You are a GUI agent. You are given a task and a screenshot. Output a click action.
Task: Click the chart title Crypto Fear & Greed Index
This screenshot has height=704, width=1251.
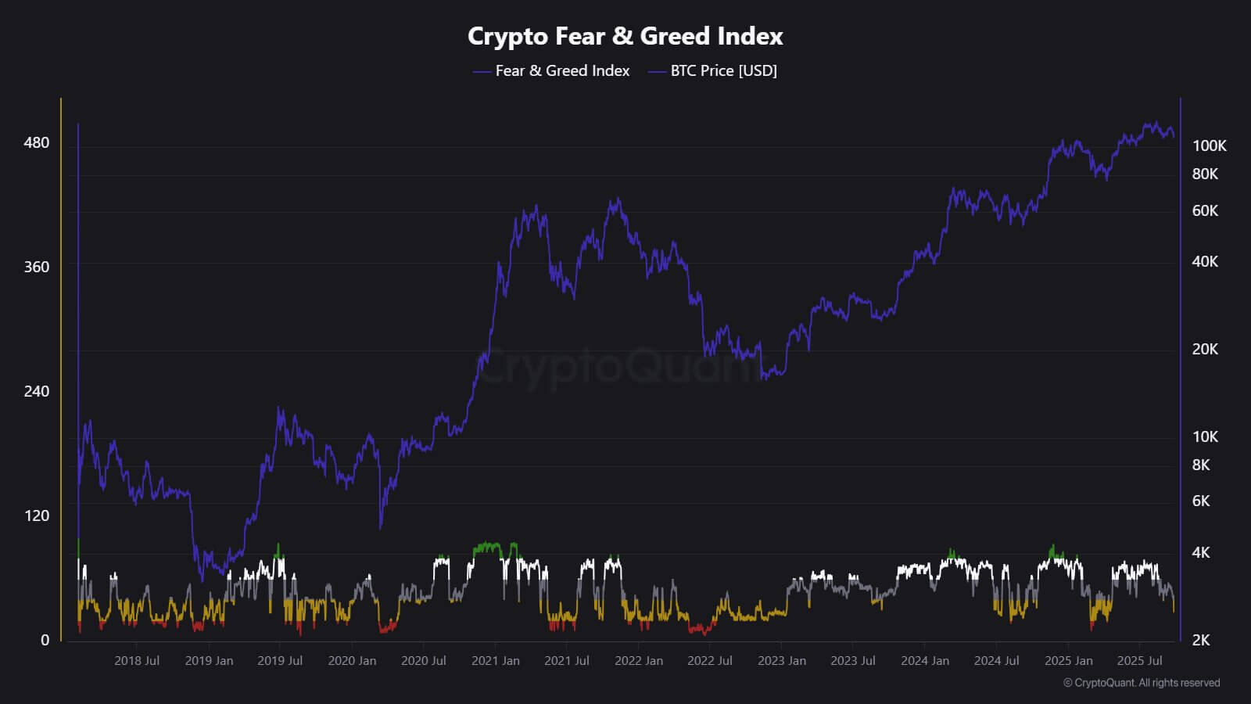(625, 36)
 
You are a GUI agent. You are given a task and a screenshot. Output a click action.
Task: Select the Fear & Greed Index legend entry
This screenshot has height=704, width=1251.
(561, 71)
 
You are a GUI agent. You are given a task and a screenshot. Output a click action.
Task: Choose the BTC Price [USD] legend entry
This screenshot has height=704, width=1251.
(723, 71)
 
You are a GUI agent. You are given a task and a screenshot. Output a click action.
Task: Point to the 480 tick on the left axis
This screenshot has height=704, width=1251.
(36, 142)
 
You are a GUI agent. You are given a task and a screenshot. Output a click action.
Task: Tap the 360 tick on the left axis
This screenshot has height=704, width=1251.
(36, 267)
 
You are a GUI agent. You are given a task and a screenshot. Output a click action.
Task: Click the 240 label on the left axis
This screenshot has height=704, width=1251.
(36, 391)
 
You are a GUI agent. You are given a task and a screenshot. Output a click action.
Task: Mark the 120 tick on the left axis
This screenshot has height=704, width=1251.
(36, 515)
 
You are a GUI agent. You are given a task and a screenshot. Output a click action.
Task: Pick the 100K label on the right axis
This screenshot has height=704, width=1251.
(1209, 145)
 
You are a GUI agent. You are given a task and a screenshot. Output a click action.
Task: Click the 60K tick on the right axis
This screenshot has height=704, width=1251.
(1205, 210)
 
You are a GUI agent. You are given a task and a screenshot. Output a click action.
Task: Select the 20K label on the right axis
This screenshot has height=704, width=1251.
(1205, 349)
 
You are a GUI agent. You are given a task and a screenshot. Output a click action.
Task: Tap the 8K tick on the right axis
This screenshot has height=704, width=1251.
(1201, 465)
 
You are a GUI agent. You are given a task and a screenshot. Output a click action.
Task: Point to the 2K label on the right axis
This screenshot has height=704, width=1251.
(1201, 640)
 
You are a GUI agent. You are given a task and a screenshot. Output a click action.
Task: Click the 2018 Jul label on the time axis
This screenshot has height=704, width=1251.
(137, 661)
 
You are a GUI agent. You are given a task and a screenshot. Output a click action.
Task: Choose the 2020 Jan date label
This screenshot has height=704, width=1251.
(352, 661)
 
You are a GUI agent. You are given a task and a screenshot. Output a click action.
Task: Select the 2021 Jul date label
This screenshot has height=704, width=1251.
(567, 661)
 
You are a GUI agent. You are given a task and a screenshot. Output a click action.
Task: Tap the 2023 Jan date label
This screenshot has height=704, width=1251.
(782, 661)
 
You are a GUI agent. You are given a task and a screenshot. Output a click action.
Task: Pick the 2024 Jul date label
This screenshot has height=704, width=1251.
(996, 661)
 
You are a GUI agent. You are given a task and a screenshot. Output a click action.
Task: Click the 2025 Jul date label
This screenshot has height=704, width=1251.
(1139, 661)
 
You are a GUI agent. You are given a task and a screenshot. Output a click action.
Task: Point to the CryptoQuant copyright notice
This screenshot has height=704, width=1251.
(1142, 683)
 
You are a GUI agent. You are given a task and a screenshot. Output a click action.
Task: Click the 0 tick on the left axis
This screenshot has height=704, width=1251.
(45, 640)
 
